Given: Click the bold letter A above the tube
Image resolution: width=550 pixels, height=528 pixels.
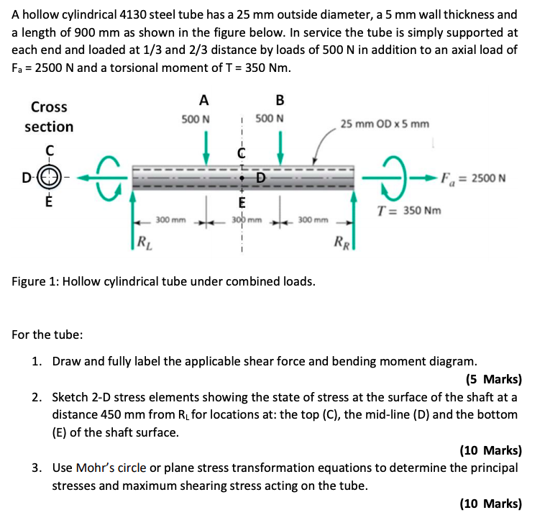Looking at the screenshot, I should tap(204, 100).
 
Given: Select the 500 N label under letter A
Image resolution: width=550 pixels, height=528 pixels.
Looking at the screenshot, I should tap(196, 119).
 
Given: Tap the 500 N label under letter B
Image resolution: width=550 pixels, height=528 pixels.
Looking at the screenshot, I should tap(270, 119).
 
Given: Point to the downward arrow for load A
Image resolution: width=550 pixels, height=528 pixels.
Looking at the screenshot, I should tap(206, 145).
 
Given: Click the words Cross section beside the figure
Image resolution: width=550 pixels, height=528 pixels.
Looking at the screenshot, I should tap(49, 117).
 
